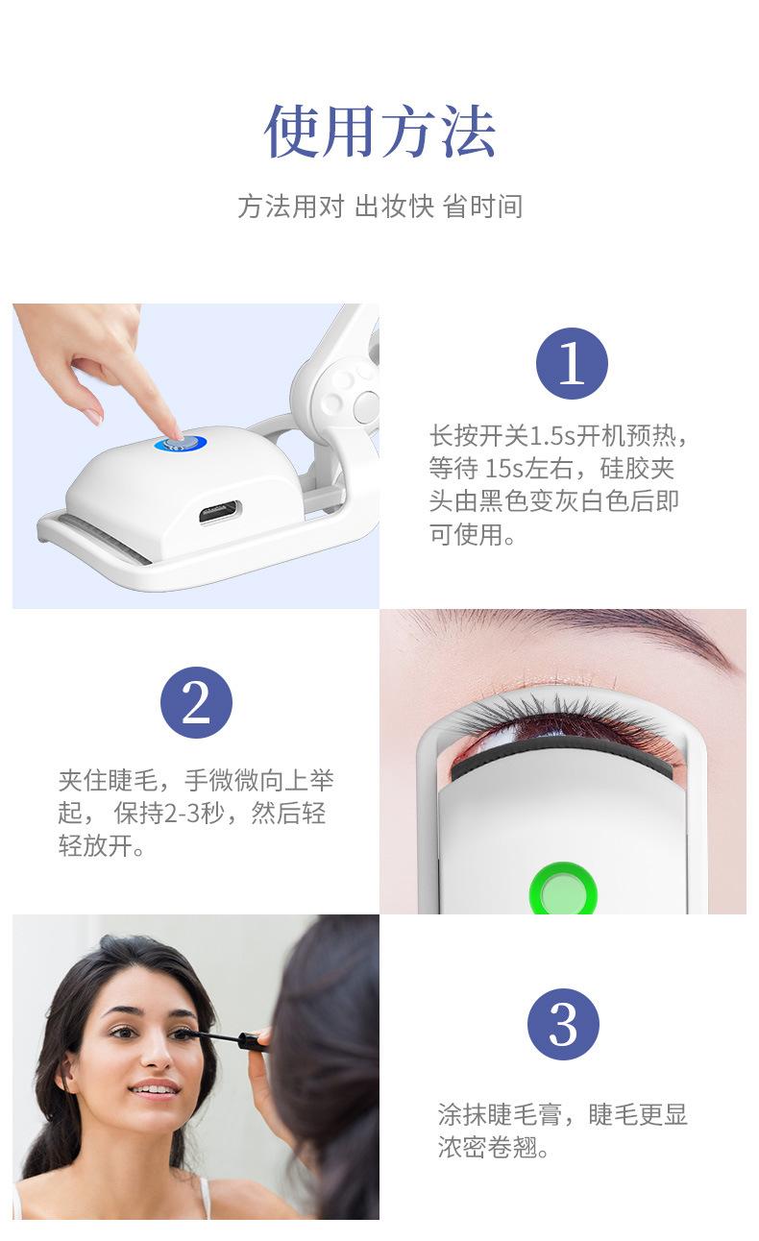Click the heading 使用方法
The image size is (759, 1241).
(379, 131)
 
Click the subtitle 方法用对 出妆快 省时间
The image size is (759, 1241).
(380, 207)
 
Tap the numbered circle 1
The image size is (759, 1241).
(572, 363)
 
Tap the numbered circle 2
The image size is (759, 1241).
(196, 702)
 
